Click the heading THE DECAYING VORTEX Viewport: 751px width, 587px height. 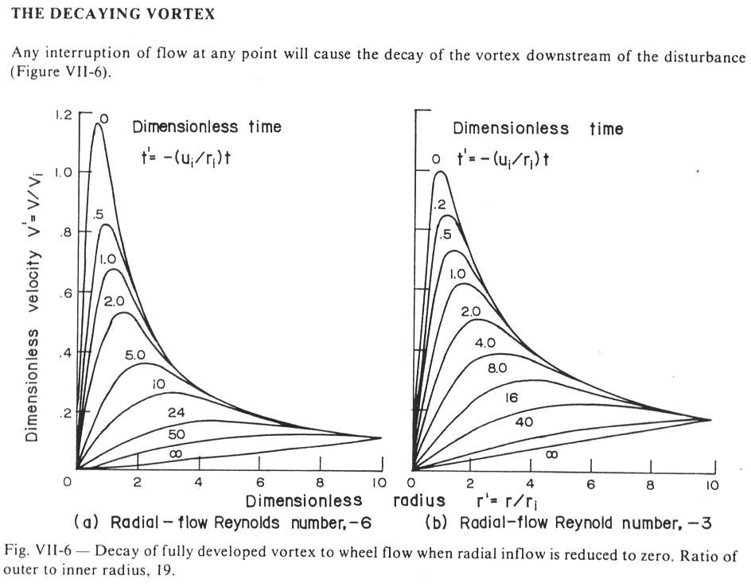tap(88, 15)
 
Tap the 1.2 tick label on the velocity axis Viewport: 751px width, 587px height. tap(64, 115)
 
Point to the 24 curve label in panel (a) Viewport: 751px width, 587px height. tap(177, 411)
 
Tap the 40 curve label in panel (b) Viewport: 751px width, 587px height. tap(525, 422)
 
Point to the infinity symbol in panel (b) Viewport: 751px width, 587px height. tap(551, 454)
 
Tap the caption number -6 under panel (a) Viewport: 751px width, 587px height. tap(358, 523)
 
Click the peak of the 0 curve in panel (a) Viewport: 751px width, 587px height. tap(98, 123)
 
